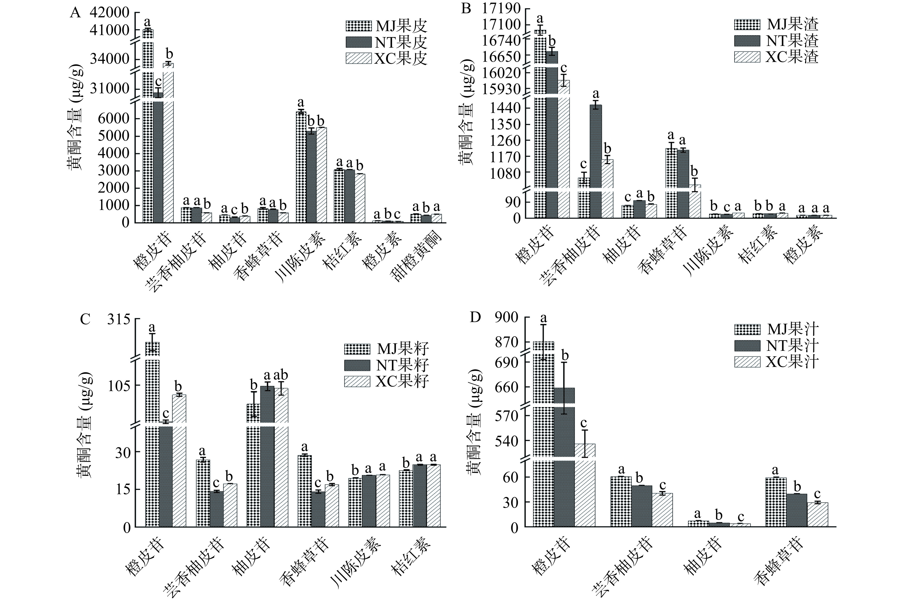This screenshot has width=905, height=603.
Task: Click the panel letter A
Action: point(75,13)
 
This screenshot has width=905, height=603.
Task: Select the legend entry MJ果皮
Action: point(386,26)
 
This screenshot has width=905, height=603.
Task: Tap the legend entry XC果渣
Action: point(776,57)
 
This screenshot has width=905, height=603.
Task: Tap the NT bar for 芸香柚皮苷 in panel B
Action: point(596,161)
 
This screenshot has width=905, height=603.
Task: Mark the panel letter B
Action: point(466,8)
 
